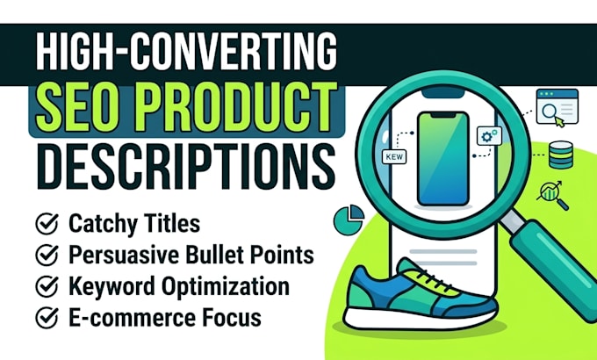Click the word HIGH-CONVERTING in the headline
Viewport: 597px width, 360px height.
pyautogui.click(x=186, y=52)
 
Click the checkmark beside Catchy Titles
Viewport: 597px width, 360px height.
pyautogui.click(x=47, y=224)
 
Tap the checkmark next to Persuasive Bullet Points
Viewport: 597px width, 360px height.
pyautogui.click(x=47, y=255)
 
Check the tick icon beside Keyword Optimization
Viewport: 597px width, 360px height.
pyautogui.click(x=47, y=286)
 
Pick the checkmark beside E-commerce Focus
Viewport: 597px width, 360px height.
pyautogui.click(x=47, y=318)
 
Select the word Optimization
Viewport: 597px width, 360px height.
pyautogui.click(x=226, y=287)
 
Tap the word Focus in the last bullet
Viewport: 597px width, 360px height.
pyautogui.click(x=232, y=318)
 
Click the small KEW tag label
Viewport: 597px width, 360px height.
pyautogui.click(x=394, y=156)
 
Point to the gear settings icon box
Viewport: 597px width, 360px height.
pyautogui.click(x=489, y=136)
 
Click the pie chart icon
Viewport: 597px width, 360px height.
pyautogui.click(x=349, y=220)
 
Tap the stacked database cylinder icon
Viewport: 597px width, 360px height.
pyautogui.click(x=561, y=155)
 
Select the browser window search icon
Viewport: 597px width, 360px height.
pyautogui.click(x=557, y=107)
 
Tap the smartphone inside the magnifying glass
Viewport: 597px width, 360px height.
pyautogui.click(x=442, y=159)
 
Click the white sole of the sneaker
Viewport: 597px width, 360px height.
pyautogui.click(x=420, y=319)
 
